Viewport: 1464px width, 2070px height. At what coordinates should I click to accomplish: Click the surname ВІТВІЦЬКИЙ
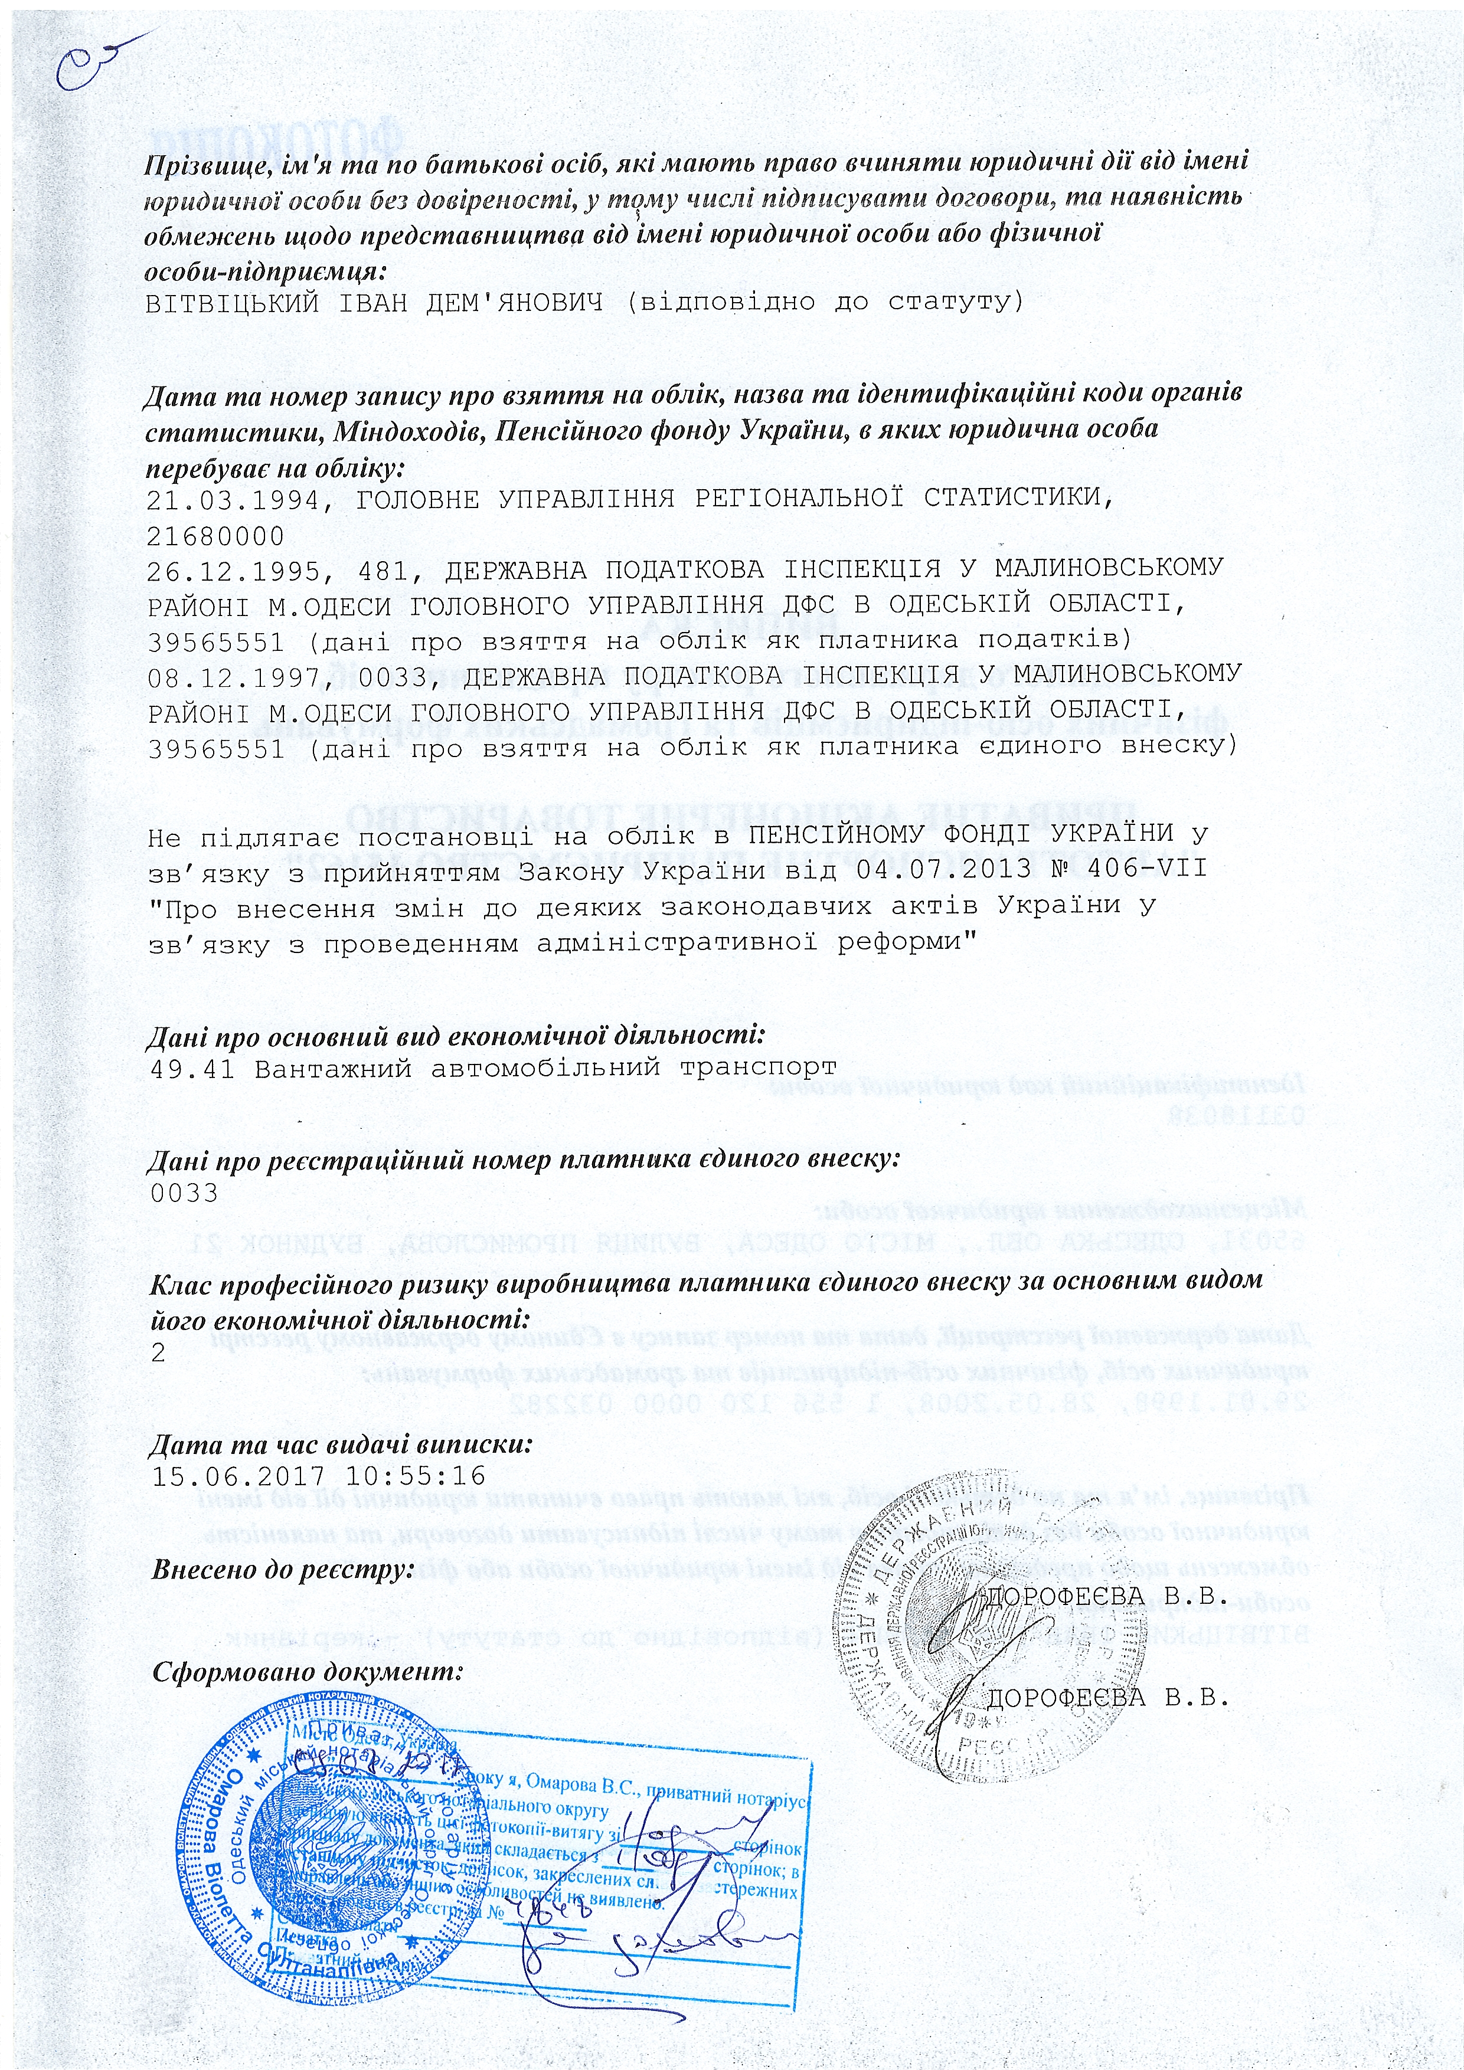click(x=232, y=302)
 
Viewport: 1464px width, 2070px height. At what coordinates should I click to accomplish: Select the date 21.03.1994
click(x=233, y=499)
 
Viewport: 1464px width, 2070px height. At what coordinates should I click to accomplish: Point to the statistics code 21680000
click(x=215, y=536)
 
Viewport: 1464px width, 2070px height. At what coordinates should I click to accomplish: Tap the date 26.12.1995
click(x=233, y=570)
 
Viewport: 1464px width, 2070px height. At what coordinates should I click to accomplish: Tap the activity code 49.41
click(x=190, y=1069)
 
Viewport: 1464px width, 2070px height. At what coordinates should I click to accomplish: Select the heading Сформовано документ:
click(x=307, y=1672)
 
